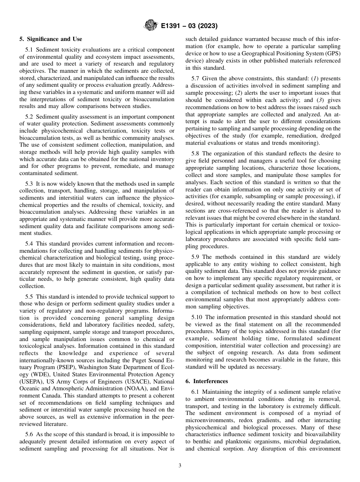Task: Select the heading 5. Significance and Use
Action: coord(51,39)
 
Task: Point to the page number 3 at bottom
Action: coord(180,466)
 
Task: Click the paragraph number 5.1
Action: coord(29,50)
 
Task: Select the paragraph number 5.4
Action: coord(29,244)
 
